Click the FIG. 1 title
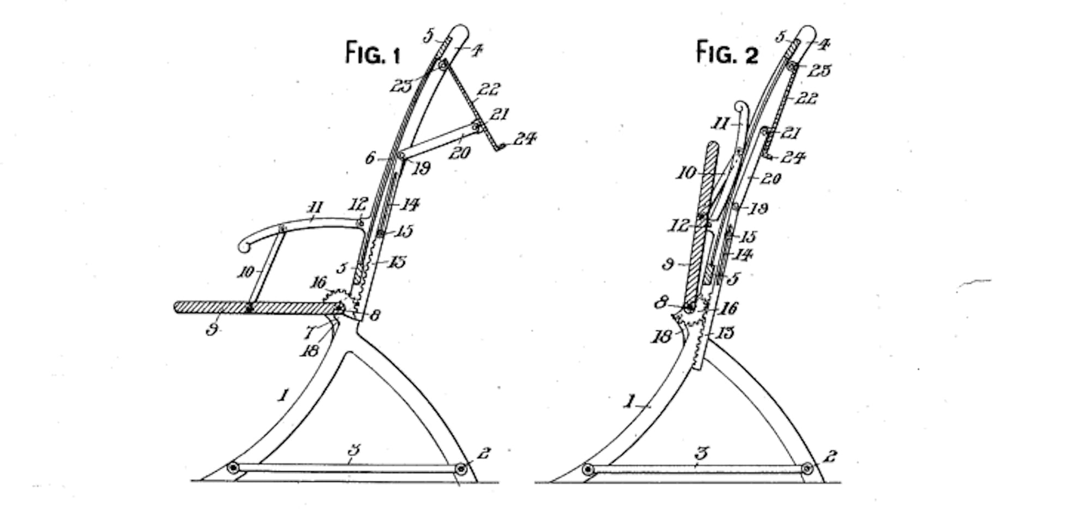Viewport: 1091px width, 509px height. (x=373, y=53)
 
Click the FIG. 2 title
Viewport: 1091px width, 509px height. (x=727, y=53)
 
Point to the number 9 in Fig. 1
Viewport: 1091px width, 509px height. (x=212, y=329)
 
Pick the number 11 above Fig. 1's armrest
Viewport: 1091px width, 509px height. (x=315, y=207)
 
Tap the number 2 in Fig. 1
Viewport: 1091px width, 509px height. (x=483, y=452)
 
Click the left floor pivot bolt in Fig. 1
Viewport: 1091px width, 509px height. (x=233, y=468)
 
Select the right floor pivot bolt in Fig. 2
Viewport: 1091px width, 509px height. (x=807, y=469)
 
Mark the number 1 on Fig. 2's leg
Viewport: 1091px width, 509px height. (x=630, y=403)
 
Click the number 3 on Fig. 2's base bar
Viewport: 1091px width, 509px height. (x=702, y=453)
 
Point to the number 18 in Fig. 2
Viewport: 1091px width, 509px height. (x=661, y=337)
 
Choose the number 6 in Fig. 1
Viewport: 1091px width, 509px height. (x=370, y=158)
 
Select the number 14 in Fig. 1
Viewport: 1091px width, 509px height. (x=410, y=205)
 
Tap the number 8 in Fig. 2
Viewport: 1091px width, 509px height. (x=661, y=302)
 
